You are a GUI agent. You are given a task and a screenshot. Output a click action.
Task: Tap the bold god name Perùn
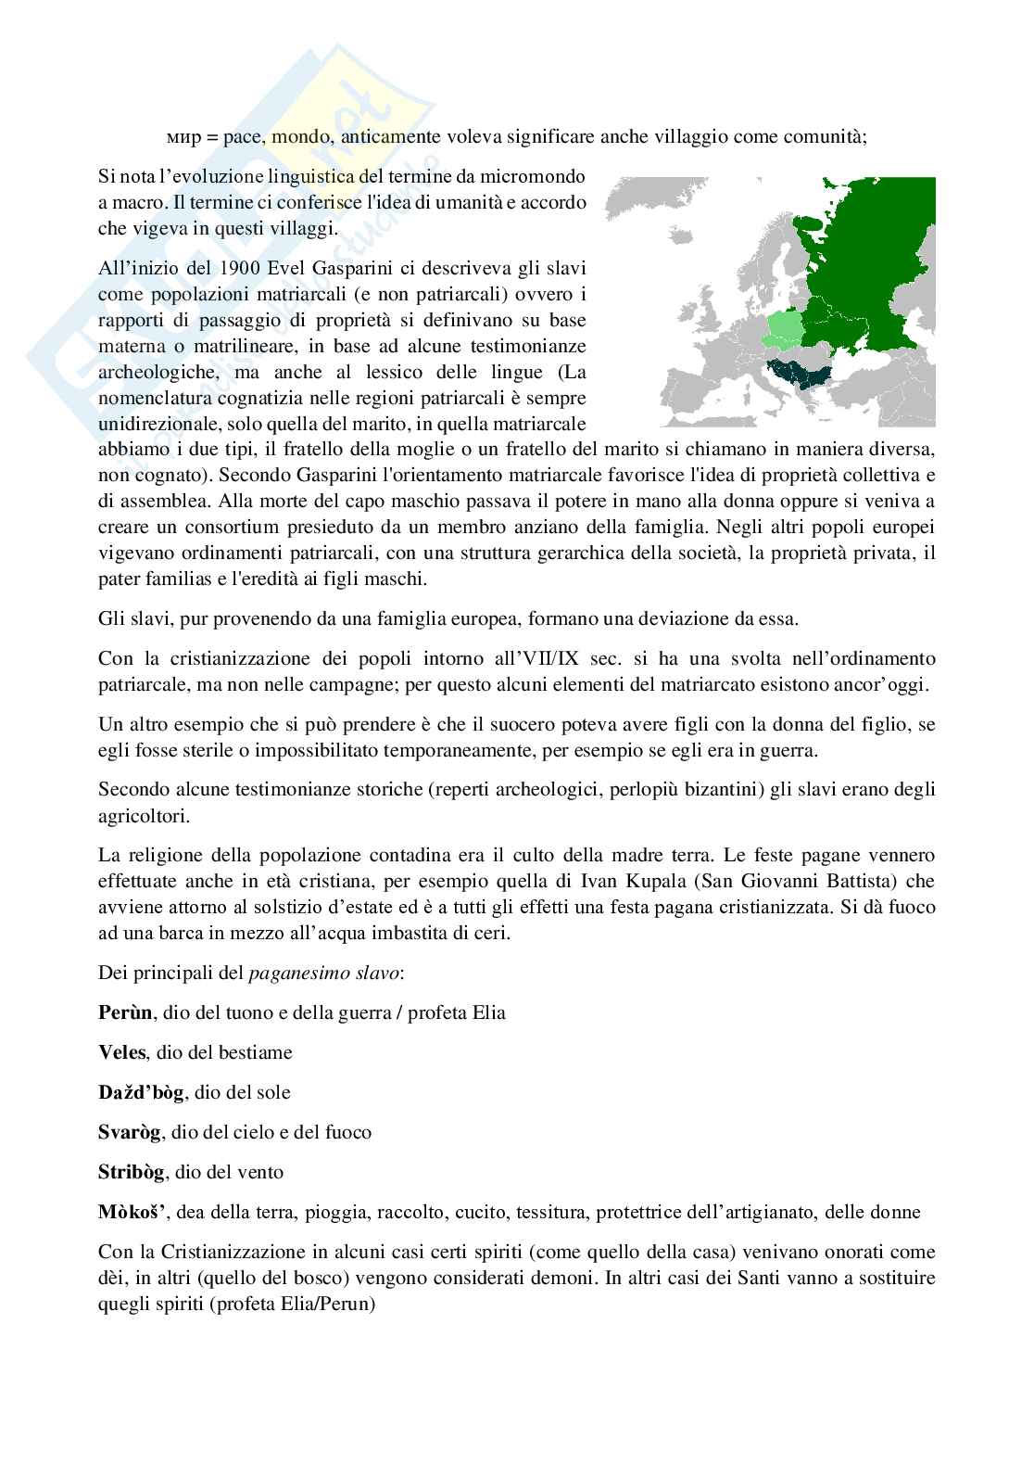(x=123, y=1012)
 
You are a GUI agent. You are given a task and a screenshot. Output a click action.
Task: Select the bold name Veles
(x=121, y=1051)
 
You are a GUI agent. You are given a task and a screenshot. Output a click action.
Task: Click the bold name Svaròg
(x=130, y=1132)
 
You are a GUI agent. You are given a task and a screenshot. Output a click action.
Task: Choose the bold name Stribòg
(x=132, y=1172)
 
